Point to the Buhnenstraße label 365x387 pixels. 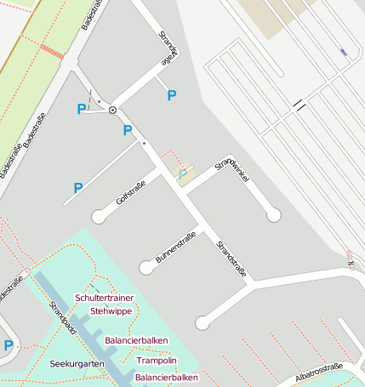pos(176,247)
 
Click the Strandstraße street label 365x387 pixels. pos(231,260)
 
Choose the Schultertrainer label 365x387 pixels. pos(105,299)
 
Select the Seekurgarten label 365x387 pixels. pos(77,364)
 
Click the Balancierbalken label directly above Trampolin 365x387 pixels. pos(136,340)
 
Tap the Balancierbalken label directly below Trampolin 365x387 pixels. pos(167,377)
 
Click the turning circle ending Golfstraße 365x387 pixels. pos(99,216)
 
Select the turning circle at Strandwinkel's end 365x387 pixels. pos(273,215)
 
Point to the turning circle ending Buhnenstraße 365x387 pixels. pos(147,267)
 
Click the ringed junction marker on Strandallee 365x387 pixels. pos(112,111)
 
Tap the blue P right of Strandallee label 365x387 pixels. pos(172,95)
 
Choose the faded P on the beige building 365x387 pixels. pos(182,174)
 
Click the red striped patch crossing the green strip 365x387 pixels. pos(52,52)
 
